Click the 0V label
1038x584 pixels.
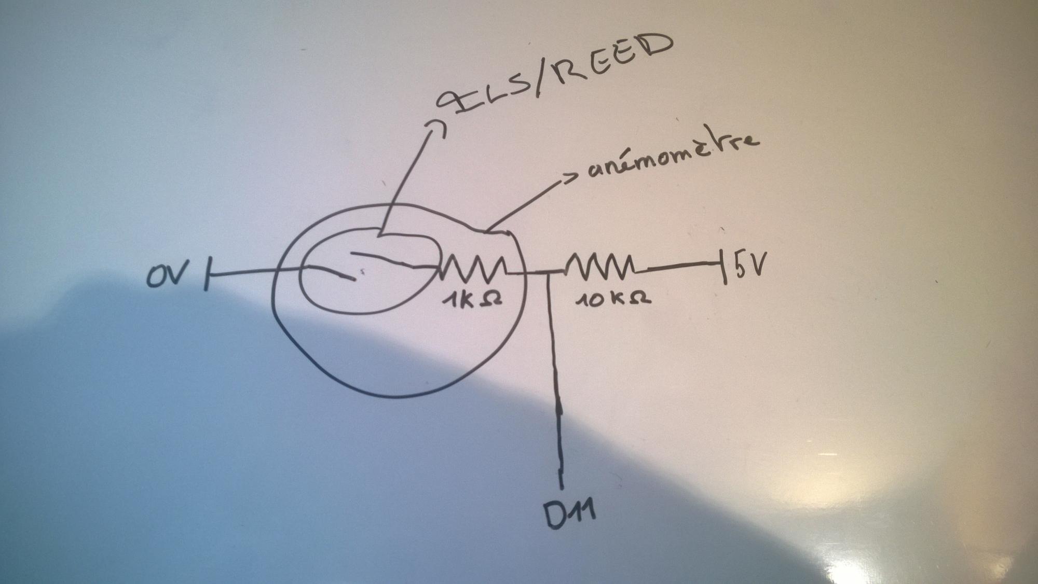click(165, 275)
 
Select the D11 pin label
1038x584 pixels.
click(569, 515)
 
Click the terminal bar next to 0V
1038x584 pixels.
click(208, 273)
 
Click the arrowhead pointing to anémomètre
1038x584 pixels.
click(571, 178)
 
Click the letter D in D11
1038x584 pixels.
click(553, 516)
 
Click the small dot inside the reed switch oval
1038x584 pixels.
click(362, 271)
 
